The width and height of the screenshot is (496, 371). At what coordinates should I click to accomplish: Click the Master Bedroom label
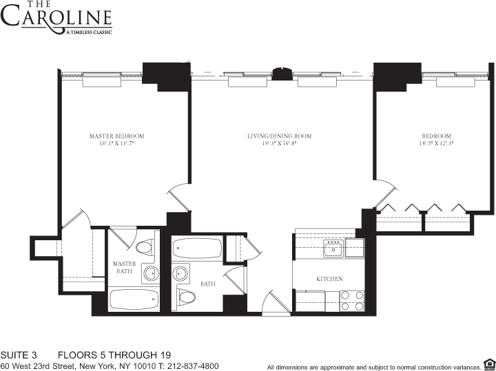click(x=116, y=136)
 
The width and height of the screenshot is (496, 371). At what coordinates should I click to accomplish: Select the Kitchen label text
click(x=329, y=279)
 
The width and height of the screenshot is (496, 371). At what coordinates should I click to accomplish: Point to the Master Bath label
click(x=125, y=266)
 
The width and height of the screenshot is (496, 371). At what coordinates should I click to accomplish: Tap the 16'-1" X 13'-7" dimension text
click(x=116, y=145)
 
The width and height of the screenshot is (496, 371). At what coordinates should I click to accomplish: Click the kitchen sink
click(x=335, y=247)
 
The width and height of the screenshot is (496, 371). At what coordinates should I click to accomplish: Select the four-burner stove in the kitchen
click(x=353, y=301)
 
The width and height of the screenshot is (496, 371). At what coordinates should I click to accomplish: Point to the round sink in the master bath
click(x=150, y=274)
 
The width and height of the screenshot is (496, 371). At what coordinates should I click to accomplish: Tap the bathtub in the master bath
click(x=134, y=299)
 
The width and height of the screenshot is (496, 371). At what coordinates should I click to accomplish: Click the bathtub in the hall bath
click(x=196, y=248)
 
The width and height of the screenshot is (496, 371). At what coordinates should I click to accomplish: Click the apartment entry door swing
click(x=273, y=303)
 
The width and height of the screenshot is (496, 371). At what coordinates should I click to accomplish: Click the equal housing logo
click(x=489, y=364)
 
